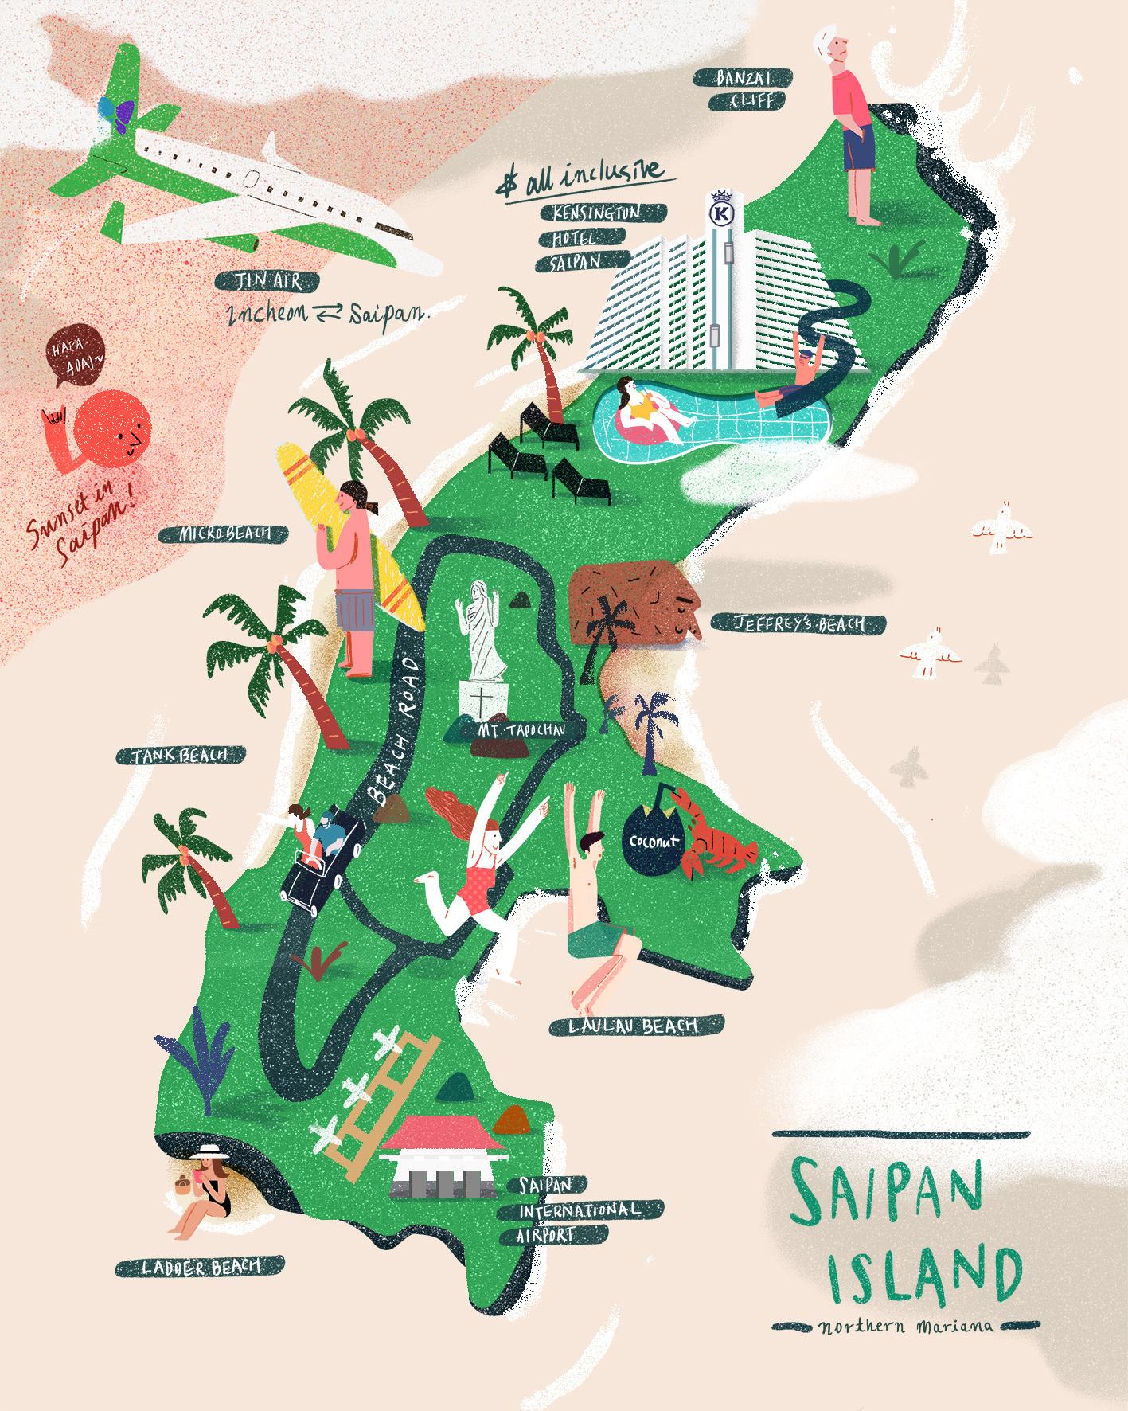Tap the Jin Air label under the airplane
pos(267,281)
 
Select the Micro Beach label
pos(224,534)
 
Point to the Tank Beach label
pos(181,755)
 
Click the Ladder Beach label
pos(200,1266)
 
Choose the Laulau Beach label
pos(635,1026)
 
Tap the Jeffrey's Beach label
pos(798,623)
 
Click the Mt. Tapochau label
pos(522,729)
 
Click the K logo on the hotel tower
pos(722,213)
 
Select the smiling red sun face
pos(115,429)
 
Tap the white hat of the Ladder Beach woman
pos(209,1152)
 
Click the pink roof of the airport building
pos(443,1134)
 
